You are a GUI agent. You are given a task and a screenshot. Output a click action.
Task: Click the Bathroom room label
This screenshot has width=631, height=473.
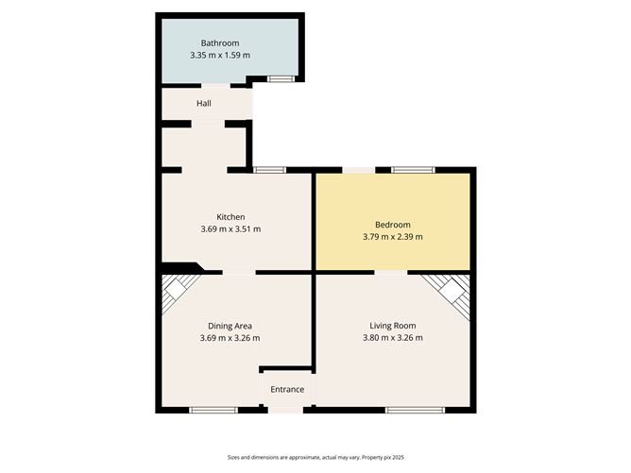(x=219, y=42)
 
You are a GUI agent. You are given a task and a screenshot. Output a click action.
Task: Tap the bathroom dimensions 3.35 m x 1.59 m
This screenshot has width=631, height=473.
(x=219, y=55)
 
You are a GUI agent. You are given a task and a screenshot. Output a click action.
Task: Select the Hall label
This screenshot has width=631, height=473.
(x=203, y=103)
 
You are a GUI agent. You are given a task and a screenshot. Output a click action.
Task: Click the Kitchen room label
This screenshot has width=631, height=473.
(x=230, y=216)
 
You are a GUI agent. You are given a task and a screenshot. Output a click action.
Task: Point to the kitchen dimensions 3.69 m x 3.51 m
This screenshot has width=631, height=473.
(x=230, y=228)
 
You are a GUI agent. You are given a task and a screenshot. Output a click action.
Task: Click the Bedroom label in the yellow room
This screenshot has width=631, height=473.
(x=392, y=224)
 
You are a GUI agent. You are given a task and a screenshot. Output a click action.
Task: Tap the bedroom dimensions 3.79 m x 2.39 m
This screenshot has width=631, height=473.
(x=392, y=236)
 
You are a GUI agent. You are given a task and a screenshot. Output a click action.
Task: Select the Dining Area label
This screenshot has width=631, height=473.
(x=230, y=326)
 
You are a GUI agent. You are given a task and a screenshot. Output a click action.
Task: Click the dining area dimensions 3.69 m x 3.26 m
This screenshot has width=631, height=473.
(x=230, y=338)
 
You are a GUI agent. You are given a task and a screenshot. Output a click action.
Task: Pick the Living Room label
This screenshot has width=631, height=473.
(x=392, y=326)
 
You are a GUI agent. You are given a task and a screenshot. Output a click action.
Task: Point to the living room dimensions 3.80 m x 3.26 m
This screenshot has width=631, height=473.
(x=392, y=338)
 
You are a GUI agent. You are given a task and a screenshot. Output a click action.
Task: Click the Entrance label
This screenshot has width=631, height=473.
(x=287, y=389)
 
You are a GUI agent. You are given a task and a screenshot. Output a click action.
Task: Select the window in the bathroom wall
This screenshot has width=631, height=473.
(x=280, y=78)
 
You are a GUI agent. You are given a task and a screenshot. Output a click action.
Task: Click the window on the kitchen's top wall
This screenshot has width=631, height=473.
(x=269, y=170)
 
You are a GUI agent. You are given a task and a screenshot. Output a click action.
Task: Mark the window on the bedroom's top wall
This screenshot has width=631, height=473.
(x=413, y=170)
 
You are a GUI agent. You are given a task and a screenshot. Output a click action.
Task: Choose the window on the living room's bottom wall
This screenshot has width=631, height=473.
(x=414, y=410)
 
